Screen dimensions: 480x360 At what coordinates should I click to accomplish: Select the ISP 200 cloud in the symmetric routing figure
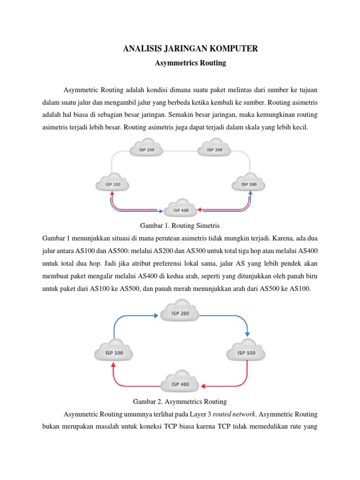tap(146, 150)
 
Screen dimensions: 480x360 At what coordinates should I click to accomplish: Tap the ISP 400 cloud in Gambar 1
tap(181, 210)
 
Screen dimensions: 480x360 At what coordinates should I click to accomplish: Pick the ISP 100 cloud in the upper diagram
tap(112, 184)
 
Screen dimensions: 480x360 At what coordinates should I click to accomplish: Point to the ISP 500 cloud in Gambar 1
tap(249, 184)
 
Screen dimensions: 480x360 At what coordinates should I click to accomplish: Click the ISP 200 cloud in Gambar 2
tap(180, 313)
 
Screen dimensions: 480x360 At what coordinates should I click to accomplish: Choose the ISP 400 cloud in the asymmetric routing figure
tap(180, 383)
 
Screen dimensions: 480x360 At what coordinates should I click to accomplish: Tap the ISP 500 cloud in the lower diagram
tap(247, 352)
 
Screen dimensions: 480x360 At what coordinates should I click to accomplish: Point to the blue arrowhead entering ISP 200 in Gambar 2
tap(156, 315)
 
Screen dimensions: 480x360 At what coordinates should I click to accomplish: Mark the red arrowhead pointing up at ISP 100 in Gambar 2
tap(113, 366)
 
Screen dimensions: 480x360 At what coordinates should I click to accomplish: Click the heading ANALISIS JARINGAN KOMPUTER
tap(190, 48)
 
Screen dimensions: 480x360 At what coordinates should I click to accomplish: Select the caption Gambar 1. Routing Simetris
tap(180, 225)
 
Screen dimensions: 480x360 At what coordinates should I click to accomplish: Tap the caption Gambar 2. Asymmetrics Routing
tap(180, 402)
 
